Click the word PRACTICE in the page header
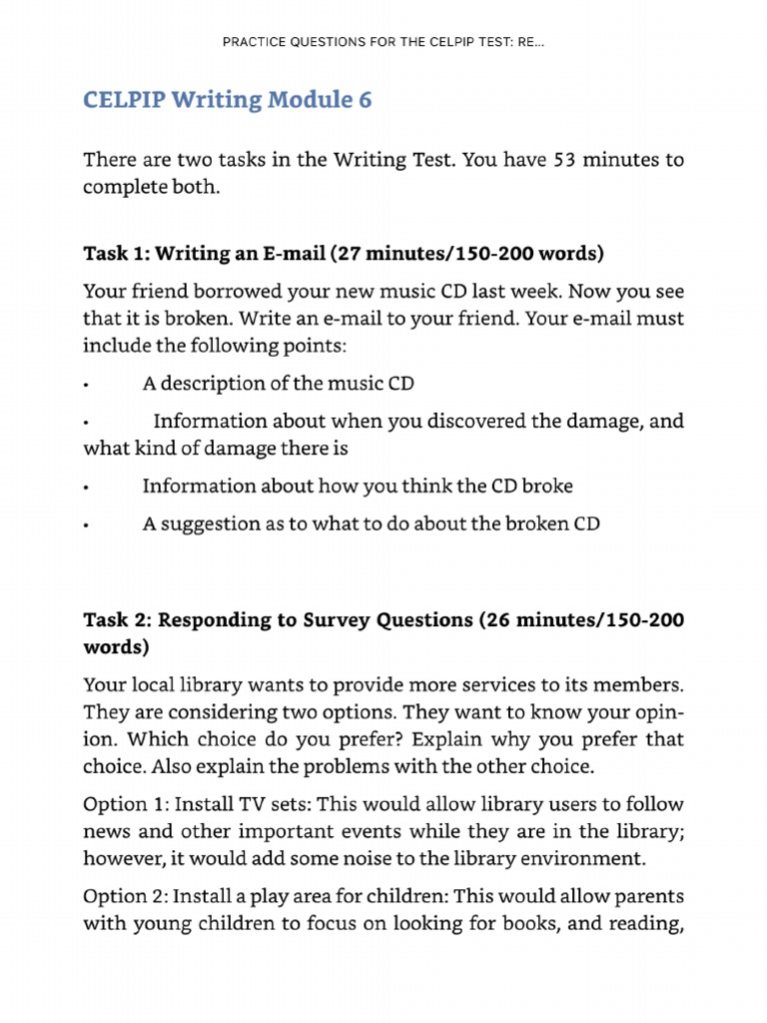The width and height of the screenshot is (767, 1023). click(x=255, y=44)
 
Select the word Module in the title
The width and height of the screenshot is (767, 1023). click(x=302, y=100)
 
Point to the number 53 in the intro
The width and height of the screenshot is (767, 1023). click(x=565, y=161)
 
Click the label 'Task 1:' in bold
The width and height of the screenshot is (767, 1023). click(x=115, y=254)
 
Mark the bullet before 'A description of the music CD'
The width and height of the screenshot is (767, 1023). click(x=88, y=386)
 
